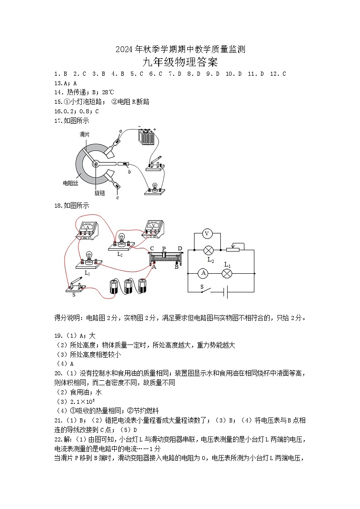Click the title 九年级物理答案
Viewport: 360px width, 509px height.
coord(180,62)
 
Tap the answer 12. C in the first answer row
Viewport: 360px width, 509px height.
coord(278,74)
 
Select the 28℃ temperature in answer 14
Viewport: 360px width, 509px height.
coord(108,92)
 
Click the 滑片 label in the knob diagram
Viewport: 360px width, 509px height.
coord(84,134)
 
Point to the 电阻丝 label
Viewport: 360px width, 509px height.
coord(70,184)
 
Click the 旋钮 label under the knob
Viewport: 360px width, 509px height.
coord(99,193)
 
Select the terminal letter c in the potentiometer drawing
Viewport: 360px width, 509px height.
coord(117,198)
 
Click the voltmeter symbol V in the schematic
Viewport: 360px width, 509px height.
coord(207,233)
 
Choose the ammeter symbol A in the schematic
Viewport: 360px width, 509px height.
coord(203,273)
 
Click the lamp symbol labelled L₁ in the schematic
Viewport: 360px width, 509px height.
coord(227,273)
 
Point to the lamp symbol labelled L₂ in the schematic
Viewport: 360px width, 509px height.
coord(208,250)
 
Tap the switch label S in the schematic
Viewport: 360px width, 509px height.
coord(202,287)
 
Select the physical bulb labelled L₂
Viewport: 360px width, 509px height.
coord(121,242)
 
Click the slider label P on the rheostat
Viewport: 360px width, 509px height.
coord(164,249)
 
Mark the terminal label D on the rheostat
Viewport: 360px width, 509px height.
coord(180,249)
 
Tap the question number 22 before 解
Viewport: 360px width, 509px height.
coord(58,440)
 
